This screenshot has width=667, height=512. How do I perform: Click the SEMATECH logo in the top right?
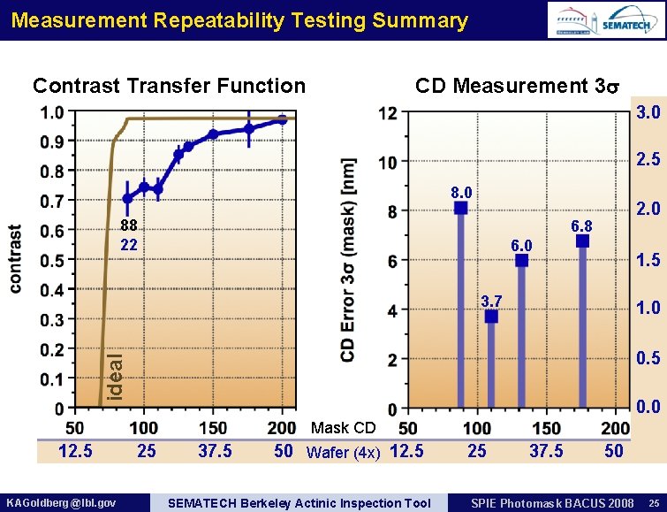[628, 26]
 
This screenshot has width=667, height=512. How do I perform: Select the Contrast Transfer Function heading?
[169, 86]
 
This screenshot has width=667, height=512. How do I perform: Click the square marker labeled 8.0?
[460, 209]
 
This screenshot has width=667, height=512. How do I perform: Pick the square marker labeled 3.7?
[491, 316]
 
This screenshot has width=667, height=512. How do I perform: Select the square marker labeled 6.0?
[521, 260]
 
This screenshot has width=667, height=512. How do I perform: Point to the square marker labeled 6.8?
[582, 241]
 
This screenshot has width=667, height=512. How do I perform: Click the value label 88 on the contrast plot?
[129, 226]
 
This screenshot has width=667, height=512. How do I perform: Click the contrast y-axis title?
[16, 257]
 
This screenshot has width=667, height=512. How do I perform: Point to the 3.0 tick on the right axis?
[648, 112]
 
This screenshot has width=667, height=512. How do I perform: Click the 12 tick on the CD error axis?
[387, 113]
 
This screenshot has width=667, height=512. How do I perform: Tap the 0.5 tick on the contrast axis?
[54, 260]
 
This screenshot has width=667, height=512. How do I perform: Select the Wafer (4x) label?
[343, 454]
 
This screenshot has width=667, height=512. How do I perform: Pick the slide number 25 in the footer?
[651, 503]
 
